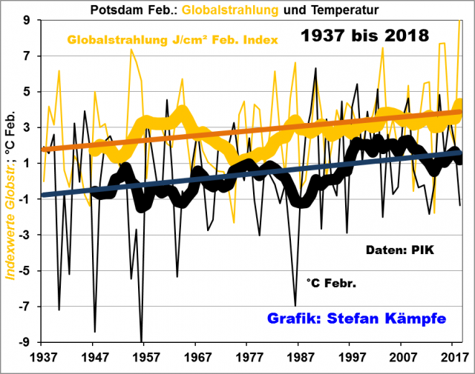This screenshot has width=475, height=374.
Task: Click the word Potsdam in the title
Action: click(115, 10)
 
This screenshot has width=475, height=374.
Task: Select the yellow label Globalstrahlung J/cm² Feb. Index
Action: click(174, 39)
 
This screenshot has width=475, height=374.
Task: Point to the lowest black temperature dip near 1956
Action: click(141, 340)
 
